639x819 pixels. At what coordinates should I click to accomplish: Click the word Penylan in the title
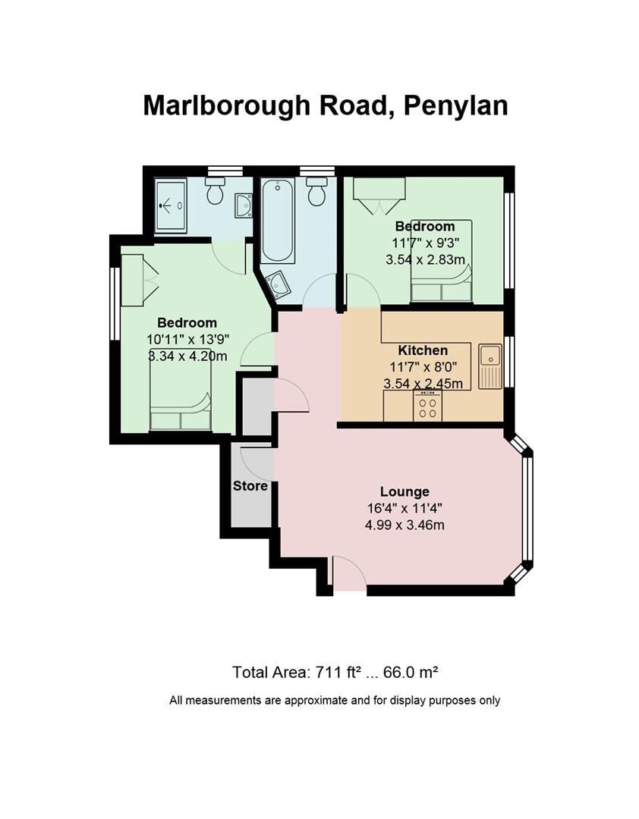click(x=455, y=107)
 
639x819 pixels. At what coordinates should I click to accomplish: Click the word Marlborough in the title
click(x=226, y=105)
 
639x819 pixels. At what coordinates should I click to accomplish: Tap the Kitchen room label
click(x=423, y=350)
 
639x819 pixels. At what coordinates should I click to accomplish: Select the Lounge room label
click(x=404, y=491)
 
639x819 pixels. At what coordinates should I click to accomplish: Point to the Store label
click(x=250, y=486)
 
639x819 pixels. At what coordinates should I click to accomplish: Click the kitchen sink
click(x=489, y=366)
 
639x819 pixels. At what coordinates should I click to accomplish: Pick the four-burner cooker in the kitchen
click(x=428, y=406)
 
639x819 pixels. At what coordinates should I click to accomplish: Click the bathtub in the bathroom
click(x=278, y=221)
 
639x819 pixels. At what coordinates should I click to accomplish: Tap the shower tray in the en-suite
click(x=171, y=206)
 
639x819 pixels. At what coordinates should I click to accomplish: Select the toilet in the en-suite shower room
click(x=215, y=190)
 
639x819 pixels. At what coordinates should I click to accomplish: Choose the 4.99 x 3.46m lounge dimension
click(x=404, y=525)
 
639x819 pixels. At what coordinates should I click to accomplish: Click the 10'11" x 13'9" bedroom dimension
click(x=188, y=340)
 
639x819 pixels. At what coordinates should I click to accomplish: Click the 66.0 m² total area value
click(x=411, y=672)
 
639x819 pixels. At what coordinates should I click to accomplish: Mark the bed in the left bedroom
click(x=181, y=389)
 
